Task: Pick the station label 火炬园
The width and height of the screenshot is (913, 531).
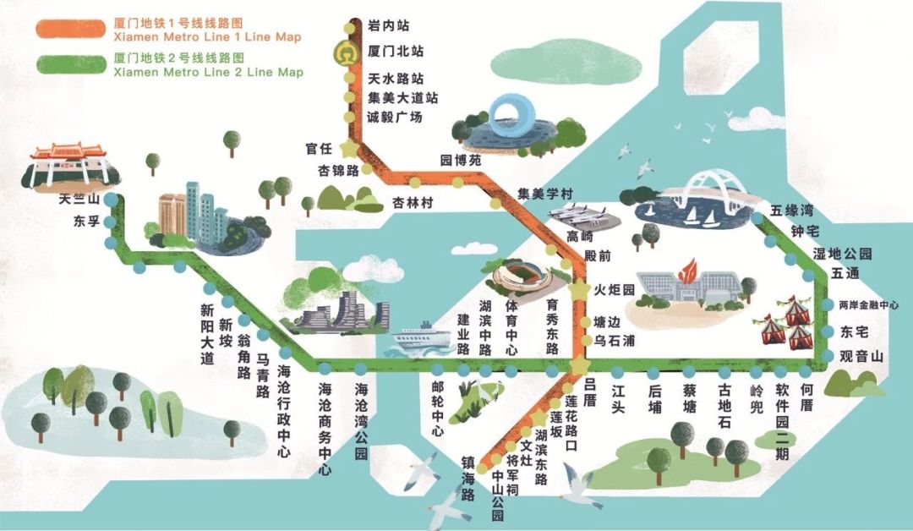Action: (x=614, y=289)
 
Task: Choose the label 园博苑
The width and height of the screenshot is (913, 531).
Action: (x=460, y=159)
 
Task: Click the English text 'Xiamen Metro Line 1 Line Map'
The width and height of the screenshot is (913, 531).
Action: (x=207, y=37)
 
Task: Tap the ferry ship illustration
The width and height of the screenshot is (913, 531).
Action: (x=417, y=338)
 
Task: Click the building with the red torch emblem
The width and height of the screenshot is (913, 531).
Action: (x=686, y=288)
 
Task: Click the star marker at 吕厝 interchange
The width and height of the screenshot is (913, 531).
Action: (x=580, y=364)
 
